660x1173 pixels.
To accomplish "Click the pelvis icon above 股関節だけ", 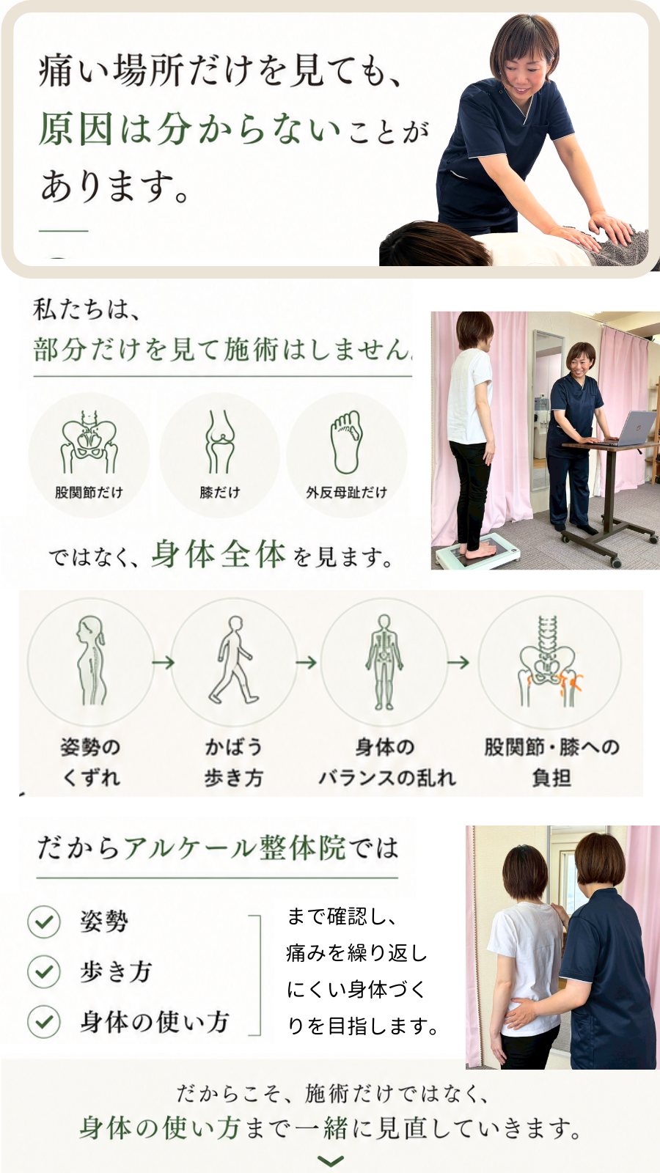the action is [89, 442].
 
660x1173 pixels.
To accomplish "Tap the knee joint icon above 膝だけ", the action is [219, 442].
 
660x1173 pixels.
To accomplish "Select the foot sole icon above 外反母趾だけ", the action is [346, 442].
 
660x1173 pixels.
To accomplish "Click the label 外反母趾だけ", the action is [346, 492].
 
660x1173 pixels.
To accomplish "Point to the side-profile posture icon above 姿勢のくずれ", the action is [91, 660].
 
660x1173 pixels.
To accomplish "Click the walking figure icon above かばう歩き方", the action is [234, 660].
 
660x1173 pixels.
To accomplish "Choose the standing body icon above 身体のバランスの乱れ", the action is [384, 662].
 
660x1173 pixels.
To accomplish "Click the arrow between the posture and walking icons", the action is [163, 663].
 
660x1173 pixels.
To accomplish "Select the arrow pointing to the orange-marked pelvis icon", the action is [458, 663].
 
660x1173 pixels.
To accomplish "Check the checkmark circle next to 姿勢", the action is [44, 921].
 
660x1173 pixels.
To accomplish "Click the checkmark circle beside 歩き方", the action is [44, 971].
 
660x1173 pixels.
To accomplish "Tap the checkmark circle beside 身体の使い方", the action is [44, 1021].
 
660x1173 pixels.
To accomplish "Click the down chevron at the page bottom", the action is [331, 1161].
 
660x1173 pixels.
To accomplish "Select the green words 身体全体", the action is [219, 554].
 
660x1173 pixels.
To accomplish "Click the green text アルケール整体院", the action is [235, 847].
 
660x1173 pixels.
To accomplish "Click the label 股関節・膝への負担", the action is [551, 762].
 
